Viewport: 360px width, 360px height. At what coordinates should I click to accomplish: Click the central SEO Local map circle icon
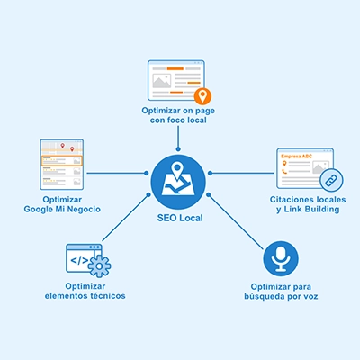(x=178, y=182)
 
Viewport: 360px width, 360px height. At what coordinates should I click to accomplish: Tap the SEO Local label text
(x=180, y=218)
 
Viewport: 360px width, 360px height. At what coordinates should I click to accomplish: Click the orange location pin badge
(x=202, y=96)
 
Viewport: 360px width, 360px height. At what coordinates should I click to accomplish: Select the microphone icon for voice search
(x=281, y=258)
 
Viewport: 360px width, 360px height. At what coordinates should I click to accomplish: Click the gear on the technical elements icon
(x=100, y=266)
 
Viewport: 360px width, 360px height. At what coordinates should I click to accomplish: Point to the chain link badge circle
(x=331, y=180)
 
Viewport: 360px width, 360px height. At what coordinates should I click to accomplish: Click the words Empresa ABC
(x=296, y=157)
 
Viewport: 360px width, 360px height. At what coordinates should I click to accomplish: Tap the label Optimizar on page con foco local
(x=178, y=115)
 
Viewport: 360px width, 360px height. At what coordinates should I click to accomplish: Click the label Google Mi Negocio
(x=62, y=209)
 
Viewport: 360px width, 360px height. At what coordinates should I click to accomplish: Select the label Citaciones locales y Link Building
(x=308, y=204)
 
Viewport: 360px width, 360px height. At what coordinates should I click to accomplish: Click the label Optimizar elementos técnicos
(x=85, y=291)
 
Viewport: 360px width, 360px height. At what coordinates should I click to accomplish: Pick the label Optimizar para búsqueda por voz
(x=281, y=292)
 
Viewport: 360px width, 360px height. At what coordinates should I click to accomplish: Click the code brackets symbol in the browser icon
(x=79, y=260)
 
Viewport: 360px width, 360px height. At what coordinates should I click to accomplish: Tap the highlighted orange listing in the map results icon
(x=61, y=160)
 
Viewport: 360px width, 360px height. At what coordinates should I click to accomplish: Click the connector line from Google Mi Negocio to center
(x=117, y=173)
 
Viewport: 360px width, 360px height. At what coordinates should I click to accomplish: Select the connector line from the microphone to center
(x=236, y=221)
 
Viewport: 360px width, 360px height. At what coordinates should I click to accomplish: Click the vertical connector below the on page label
(x=178, y=138)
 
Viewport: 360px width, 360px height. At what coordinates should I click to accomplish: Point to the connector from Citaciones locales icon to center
(x=242, y=173)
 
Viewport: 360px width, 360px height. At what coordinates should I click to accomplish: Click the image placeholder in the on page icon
(x=162, y=81)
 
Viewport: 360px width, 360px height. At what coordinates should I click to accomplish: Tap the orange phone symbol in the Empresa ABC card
(x=284, y=172)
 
